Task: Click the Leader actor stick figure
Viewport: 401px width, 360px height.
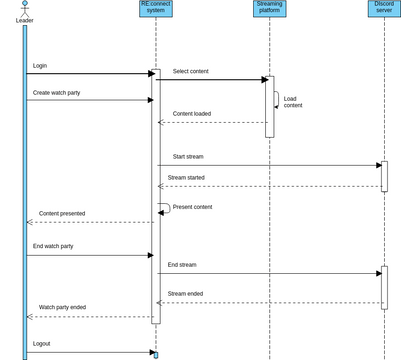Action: pos(24,8)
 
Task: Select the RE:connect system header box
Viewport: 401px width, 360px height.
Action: pos(155,9)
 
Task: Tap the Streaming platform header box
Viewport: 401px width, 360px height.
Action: pos(269,9)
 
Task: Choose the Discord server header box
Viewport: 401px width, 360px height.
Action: pos(384,9)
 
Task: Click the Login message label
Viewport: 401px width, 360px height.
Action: pos(40,66)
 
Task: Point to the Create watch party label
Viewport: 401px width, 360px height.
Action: pos(58,92)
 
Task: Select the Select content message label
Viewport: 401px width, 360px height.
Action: pos(191,72)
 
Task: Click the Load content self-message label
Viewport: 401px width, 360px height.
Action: pos(292,102)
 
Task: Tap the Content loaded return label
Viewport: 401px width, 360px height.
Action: pos(192,114)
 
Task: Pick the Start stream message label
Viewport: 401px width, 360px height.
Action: pos(188,157)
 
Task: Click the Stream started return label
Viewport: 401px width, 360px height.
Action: pos(186,178)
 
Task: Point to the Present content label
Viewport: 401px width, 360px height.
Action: pos(192,207)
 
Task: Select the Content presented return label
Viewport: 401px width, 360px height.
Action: pos(62,214)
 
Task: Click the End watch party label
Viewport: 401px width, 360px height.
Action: pos(53,246)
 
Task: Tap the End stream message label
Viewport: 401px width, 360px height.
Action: pos(182,265)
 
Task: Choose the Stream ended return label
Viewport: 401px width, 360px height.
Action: pos(185,294)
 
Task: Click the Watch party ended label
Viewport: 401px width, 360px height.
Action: pos(62,308)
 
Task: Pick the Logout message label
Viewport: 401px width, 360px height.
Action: pos(41,344)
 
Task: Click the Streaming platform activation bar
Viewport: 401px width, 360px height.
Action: pos(269,106)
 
